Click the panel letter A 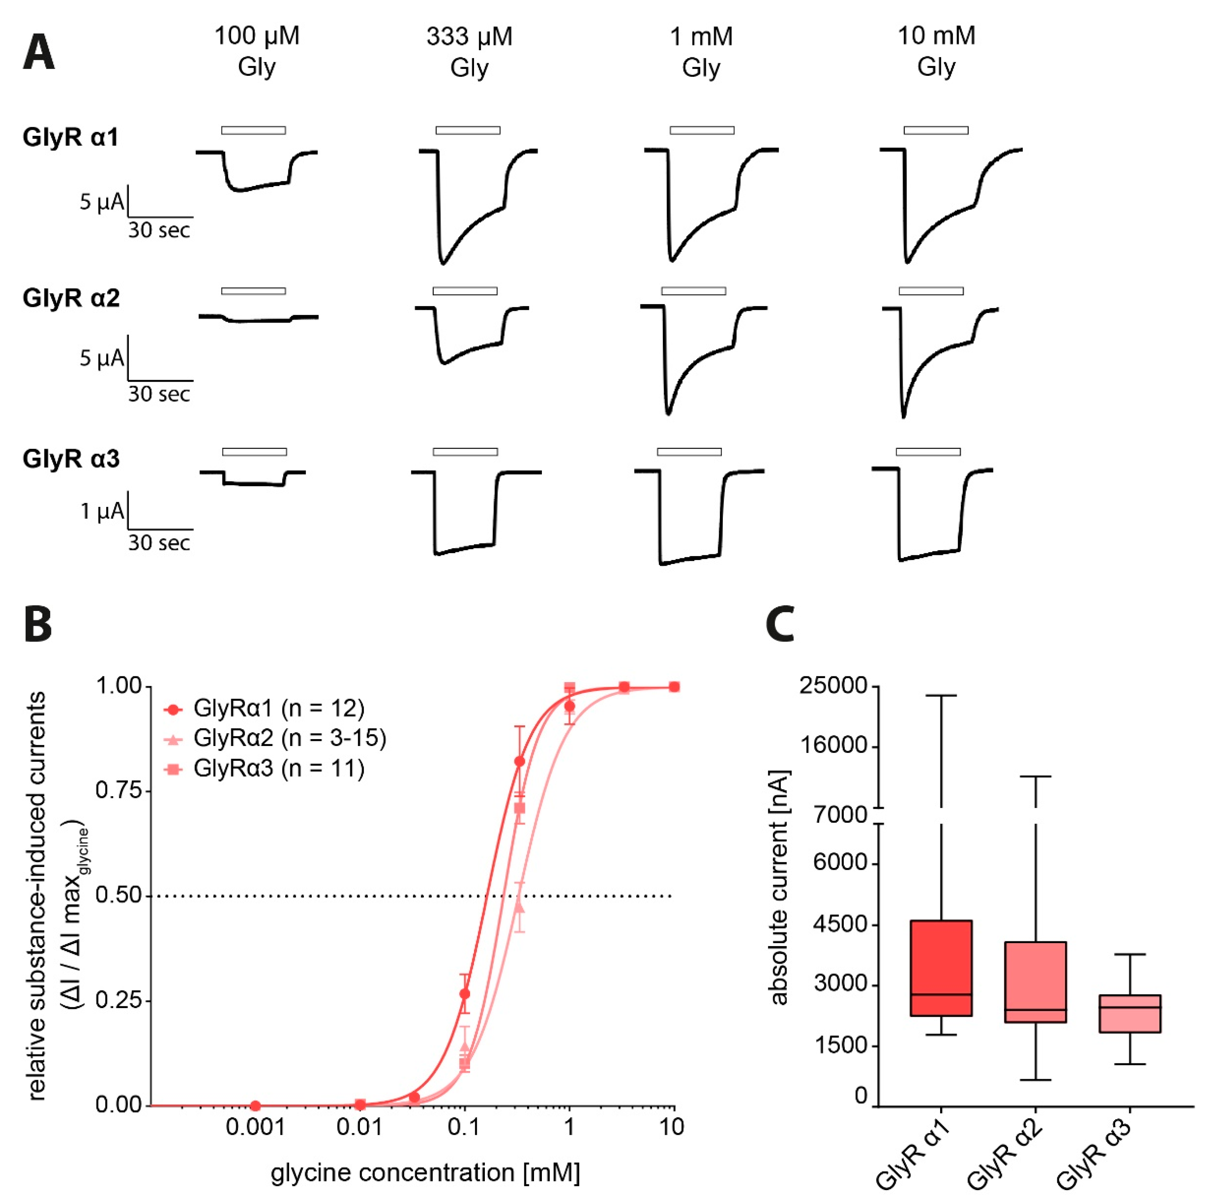tap(38, 53)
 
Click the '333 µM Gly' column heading tap(469, 52)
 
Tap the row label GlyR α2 tap(71, 298)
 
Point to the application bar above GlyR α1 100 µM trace tap(253, 130)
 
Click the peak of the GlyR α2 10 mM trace tap(903, 416)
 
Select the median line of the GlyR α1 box tap(941, 994)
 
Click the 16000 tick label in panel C tap(834, 746)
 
